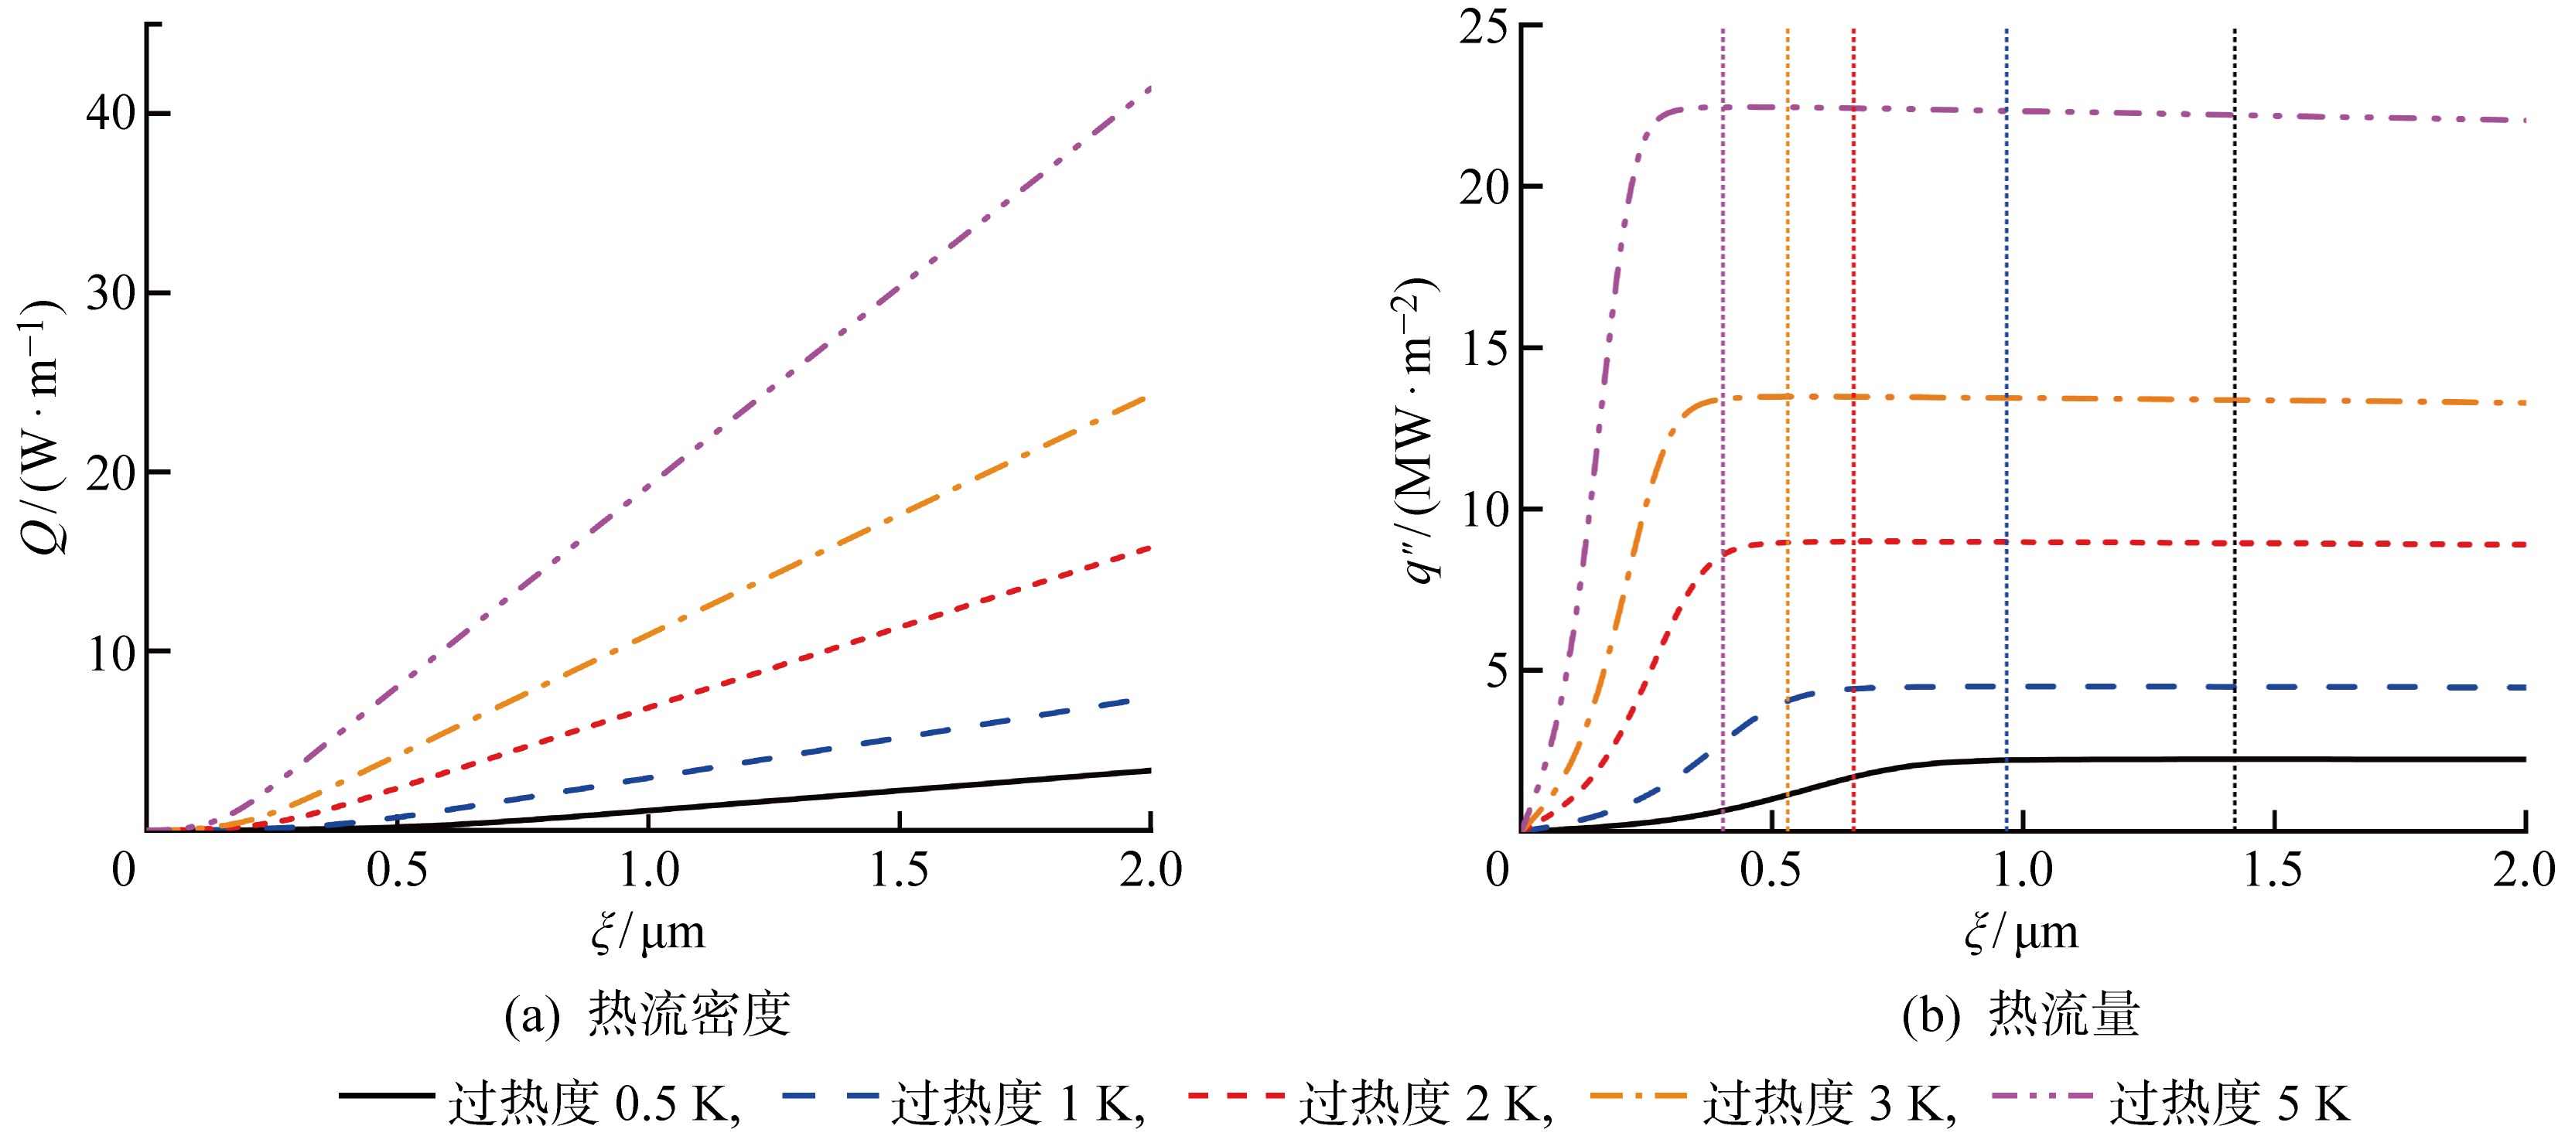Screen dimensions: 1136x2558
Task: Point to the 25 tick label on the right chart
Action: [x=1484, y=28]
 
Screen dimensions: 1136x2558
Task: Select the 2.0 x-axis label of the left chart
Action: [x=1151, y=871]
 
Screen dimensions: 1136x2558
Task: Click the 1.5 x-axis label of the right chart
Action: [x=2273, y=871]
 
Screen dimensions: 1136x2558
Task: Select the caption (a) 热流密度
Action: [x=647, y=1015]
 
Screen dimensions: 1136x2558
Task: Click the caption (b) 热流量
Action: [x=2020, y=1015]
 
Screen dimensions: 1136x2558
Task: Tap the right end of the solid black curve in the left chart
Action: [x=1149, y=770]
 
